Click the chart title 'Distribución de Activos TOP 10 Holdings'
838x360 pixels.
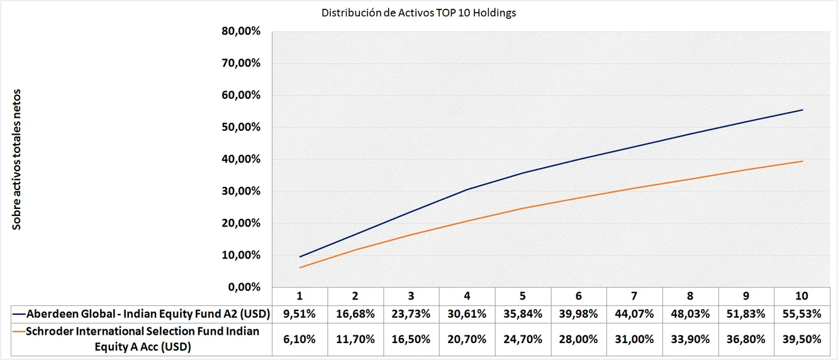418,13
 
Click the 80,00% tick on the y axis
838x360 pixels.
242,31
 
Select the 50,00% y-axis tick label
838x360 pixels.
242,127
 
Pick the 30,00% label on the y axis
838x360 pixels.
242,191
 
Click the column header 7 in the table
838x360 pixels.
634,296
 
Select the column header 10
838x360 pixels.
802,296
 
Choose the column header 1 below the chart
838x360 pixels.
300,296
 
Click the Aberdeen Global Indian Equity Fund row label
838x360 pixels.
142,313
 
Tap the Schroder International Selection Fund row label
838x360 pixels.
142,339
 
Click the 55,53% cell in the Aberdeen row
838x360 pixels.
802,313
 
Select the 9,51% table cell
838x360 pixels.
300,313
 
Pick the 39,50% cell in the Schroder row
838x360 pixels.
802,339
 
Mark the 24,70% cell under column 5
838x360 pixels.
523,339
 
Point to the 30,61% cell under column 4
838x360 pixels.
467,313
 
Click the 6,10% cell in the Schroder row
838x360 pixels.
300,339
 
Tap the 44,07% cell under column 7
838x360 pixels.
634,313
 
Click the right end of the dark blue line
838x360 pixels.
802,110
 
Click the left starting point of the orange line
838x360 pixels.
300,267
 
